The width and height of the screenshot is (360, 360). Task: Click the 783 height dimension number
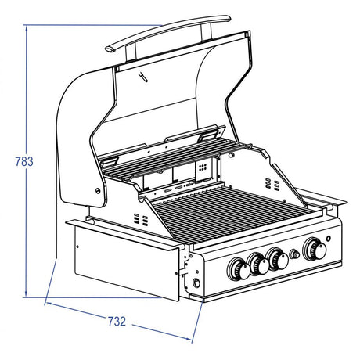(x=24, y=161)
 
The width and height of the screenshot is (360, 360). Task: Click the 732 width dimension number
(x=117, y=321)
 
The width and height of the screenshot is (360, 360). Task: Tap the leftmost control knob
(x=239, y=269)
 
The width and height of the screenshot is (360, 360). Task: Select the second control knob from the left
(x=258, y=264)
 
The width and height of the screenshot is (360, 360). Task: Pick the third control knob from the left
(x=277, y=258)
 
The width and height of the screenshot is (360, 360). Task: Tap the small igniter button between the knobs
(x=295, y=254)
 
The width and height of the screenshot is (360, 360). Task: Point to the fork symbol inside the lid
(x=143, y=77)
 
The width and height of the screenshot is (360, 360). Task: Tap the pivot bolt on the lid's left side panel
(x=98, y=191)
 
